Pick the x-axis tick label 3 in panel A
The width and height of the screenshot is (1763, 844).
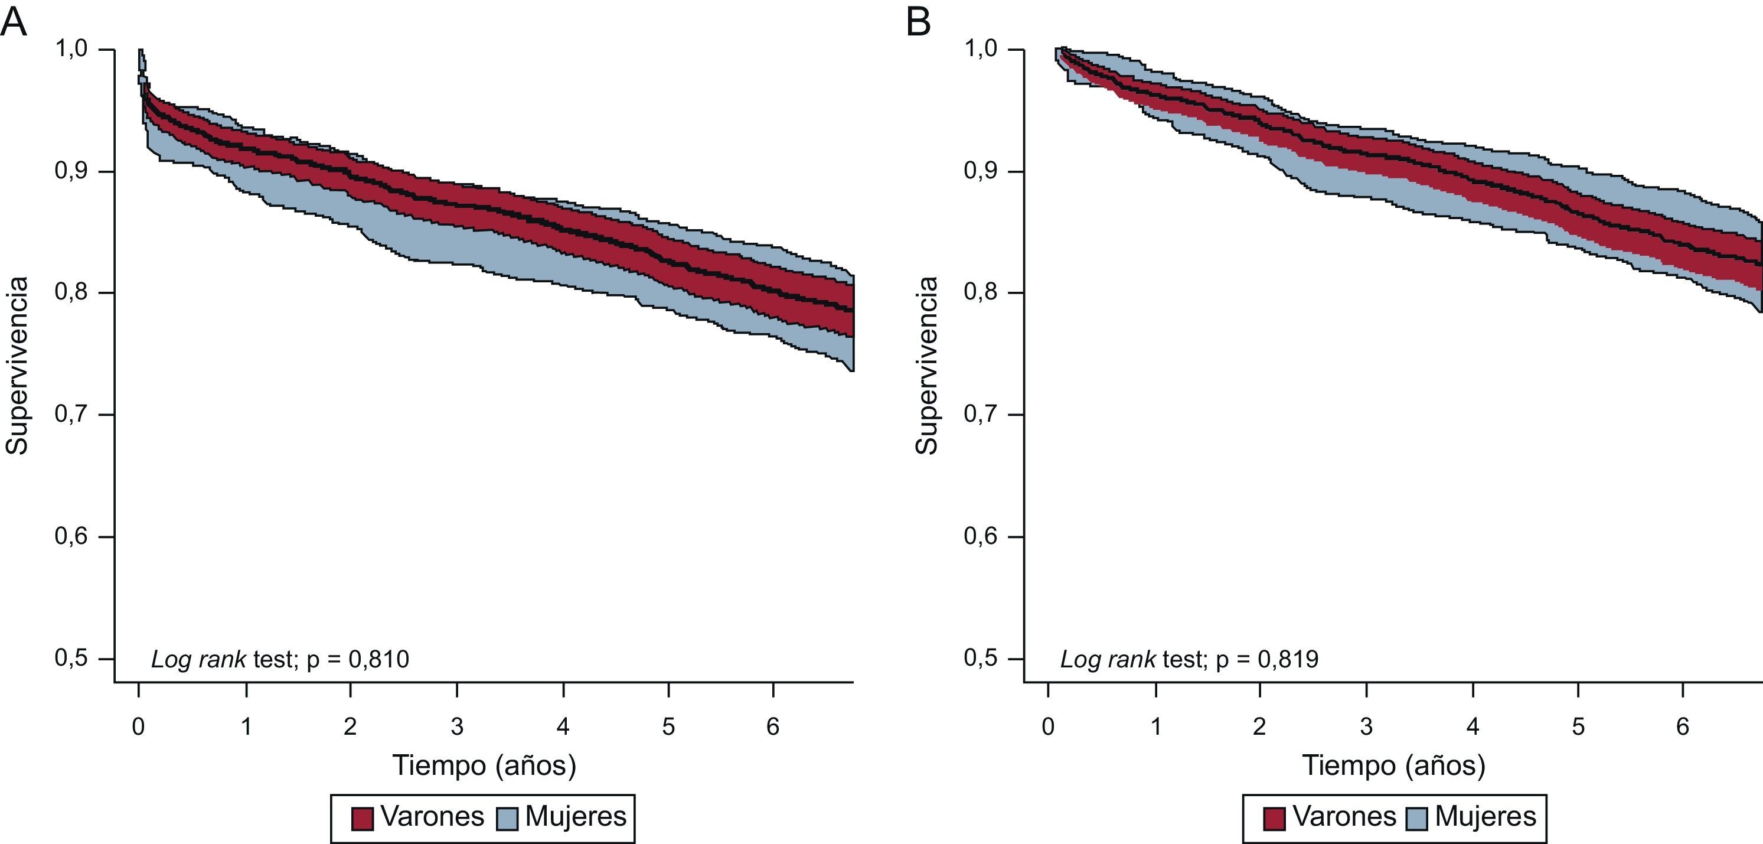(x=456, y=726)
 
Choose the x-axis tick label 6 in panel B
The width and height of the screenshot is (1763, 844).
(x=1682, y=726)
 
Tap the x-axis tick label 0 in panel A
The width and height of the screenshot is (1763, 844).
(x=138, y=726)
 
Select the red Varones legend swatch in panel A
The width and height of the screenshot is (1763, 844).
(x=362, y=818)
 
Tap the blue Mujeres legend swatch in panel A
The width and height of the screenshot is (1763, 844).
(x=507, y=818)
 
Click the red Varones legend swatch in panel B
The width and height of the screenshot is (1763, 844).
(x=1274, y=818)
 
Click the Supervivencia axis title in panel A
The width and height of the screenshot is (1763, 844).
(x=17, y=366)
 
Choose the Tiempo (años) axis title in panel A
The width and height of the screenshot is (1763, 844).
(x=484, y=765)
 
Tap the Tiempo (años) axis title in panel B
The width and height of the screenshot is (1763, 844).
(x=1393, y=765)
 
